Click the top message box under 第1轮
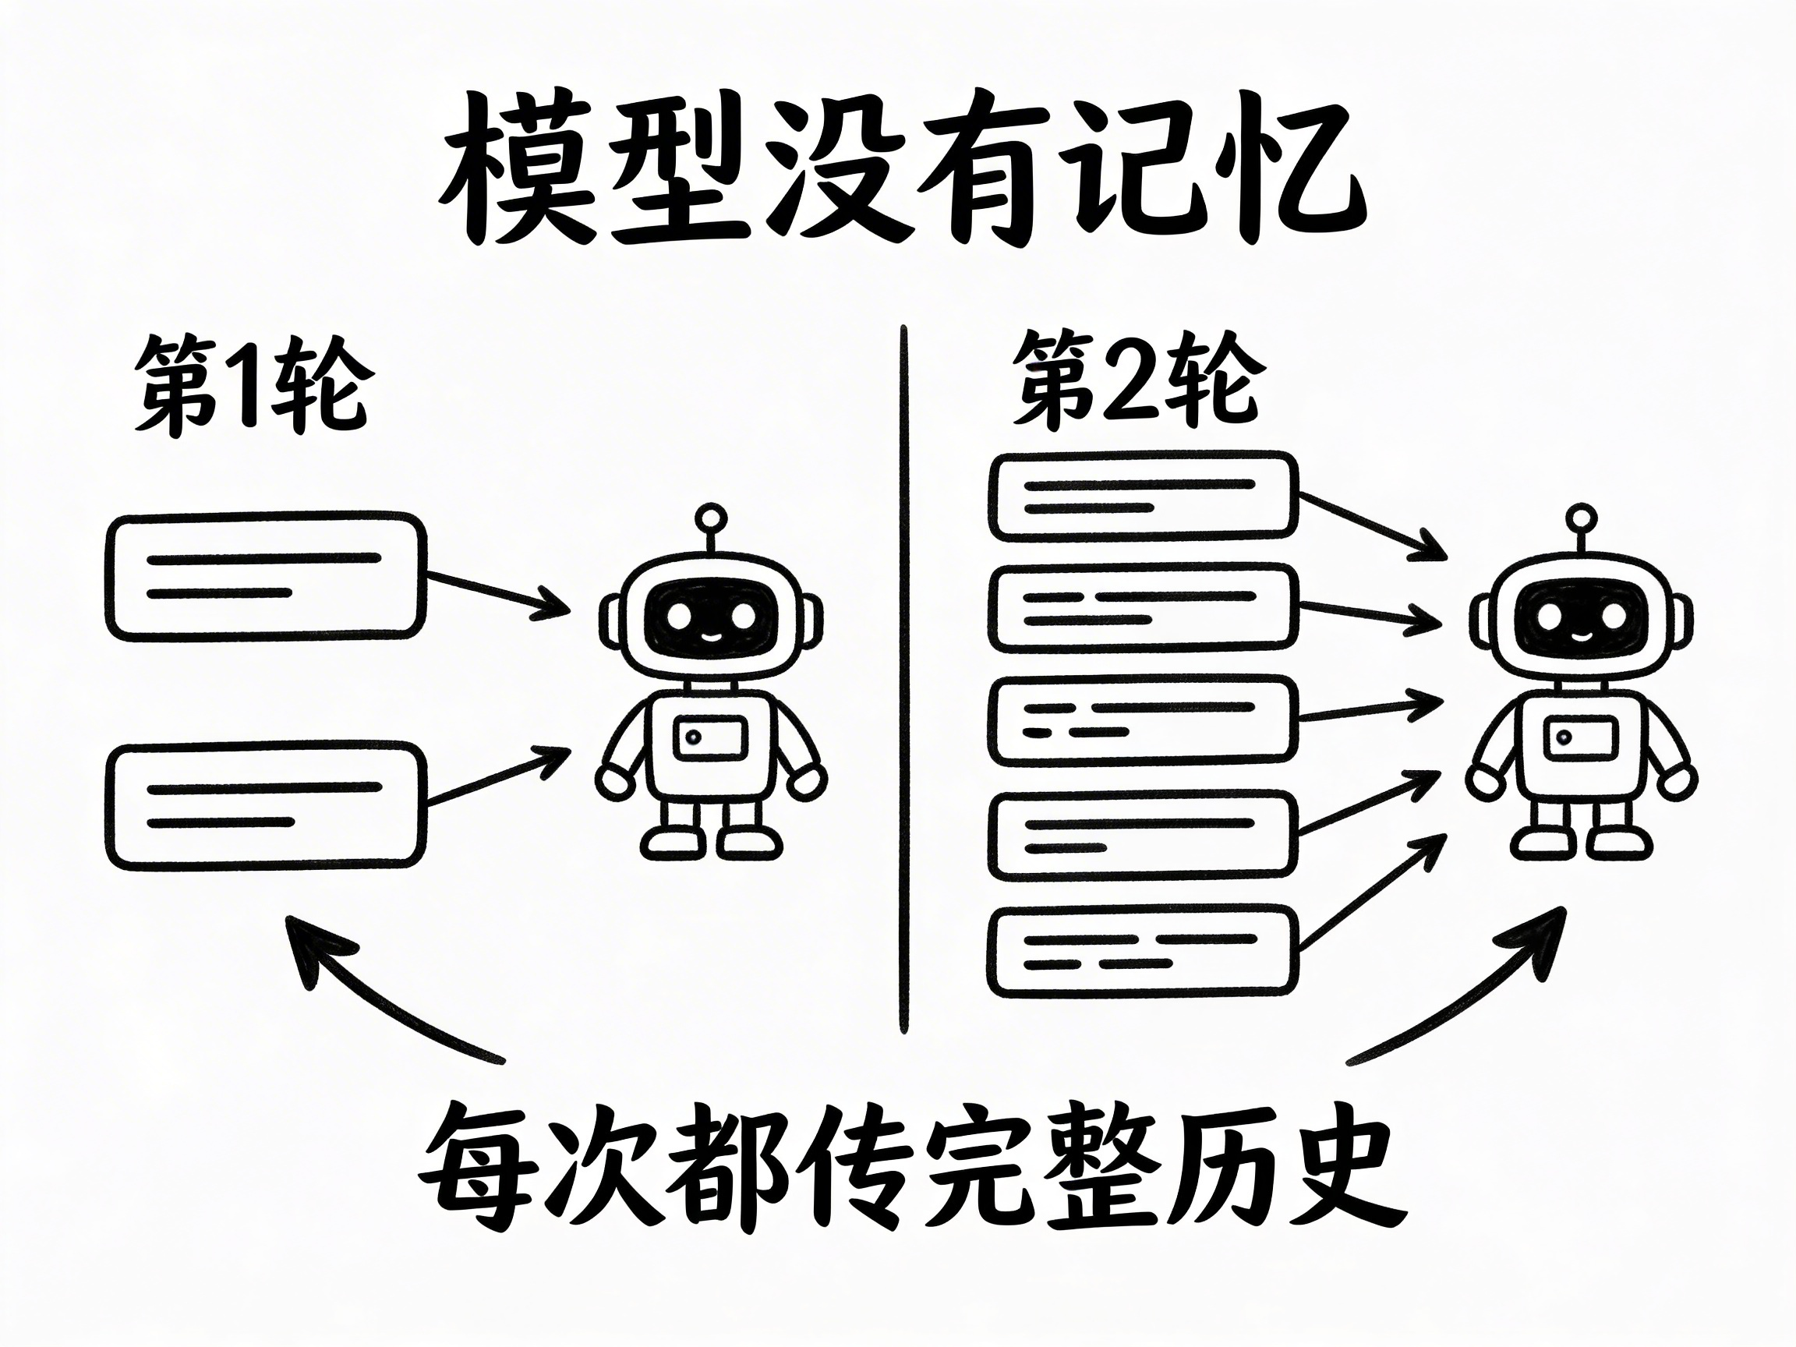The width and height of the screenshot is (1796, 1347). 266,575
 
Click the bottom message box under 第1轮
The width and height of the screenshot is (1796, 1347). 266,805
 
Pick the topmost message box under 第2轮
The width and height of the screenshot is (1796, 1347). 1143,496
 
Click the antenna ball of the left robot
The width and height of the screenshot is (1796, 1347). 711,517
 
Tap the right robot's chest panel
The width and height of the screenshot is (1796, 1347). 1579,738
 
